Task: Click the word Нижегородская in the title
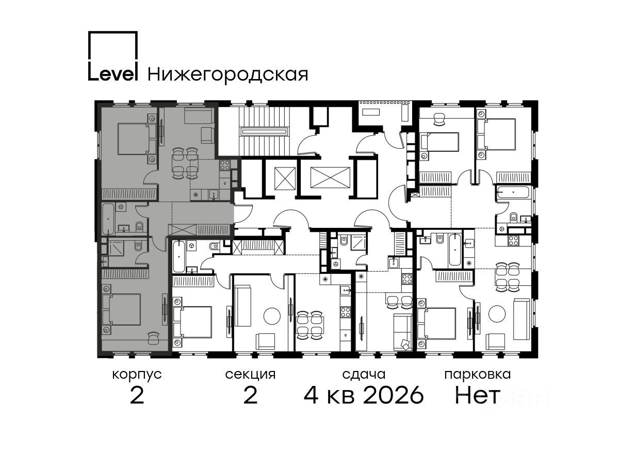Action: [x=227, y=75]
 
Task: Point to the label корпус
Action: [x=137, y=375]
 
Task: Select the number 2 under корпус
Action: [x=137, y=395]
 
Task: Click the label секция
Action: [x=250, y=375]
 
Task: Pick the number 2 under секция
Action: [x=250, y=395]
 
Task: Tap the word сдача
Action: [x=364, y=375]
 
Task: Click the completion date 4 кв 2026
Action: [x=364, y=395]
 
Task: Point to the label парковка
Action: [x=478, y=375]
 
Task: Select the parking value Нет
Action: [x=478, y=395]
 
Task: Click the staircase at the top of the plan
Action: [x=264, y=131]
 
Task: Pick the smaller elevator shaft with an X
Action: [x=285, y=178]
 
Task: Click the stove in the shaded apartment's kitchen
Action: [x=225, y=165]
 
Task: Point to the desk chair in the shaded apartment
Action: [x=153, y=337]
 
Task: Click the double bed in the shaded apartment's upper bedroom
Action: [x=134, y=139]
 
